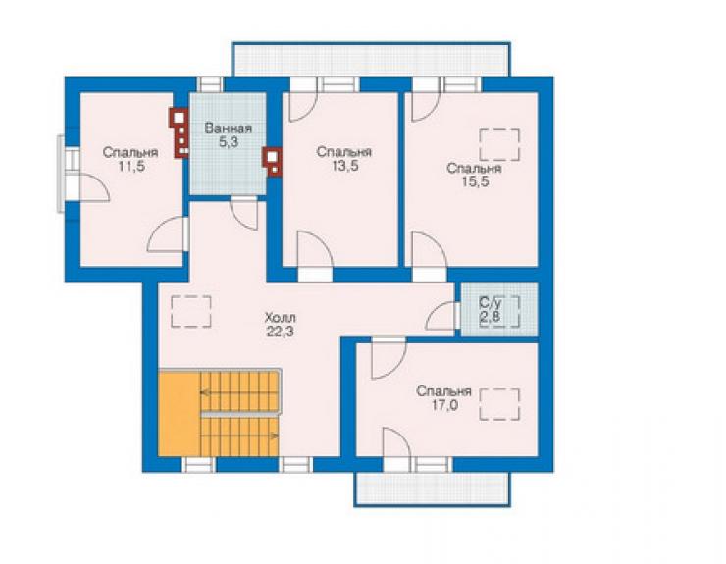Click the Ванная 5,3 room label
point(229,135)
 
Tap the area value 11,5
point(131,167)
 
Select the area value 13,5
point(344,166)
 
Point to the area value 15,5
point(475,182)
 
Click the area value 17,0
point(444,406)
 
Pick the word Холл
point(281,318)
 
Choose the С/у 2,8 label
point(491,310)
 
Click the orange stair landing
point(180,413)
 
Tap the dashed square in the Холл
point(191,312)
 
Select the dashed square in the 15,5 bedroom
point(499,145)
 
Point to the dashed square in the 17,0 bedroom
point(499,404)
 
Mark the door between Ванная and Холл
point(245,212)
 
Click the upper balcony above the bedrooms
point(371,59)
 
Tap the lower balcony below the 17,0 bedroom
point(433,489)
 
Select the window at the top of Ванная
point(210,84)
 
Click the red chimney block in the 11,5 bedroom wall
point(180,132)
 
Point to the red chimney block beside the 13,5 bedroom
point(272,161)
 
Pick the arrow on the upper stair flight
point(239,392)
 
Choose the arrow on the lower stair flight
point(239,436)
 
